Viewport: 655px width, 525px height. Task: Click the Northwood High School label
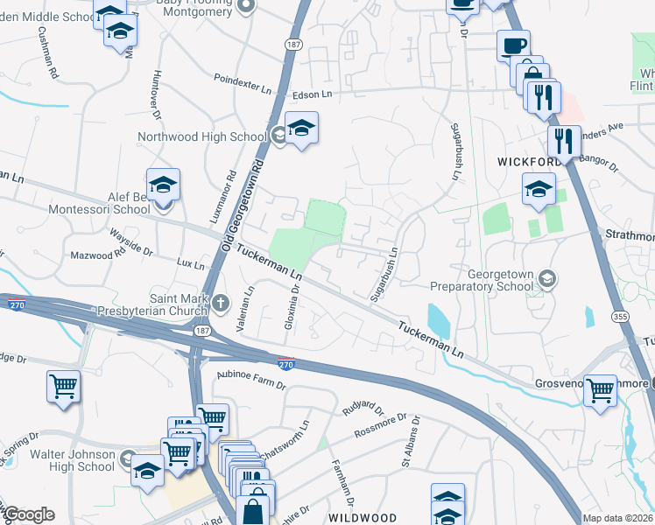pos(201,136)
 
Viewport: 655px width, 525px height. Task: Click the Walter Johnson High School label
pos(73,460)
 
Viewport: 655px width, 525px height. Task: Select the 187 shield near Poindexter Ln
pos(292,43)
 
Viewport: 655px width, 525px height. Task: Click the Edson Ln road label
pos(313,94)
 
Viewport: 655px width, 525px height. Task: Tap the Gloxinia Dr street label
pos(295,302)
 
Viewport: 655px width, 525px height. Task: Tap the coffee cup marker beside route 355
pos(513,45)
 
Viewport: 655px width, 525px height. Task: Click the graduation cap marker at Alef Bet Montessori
pos(163,185)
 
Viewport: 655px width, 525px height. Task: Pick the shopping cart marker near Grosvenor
pos(601,391)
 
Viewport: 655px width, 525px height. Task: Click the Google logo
pos(28,514)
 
